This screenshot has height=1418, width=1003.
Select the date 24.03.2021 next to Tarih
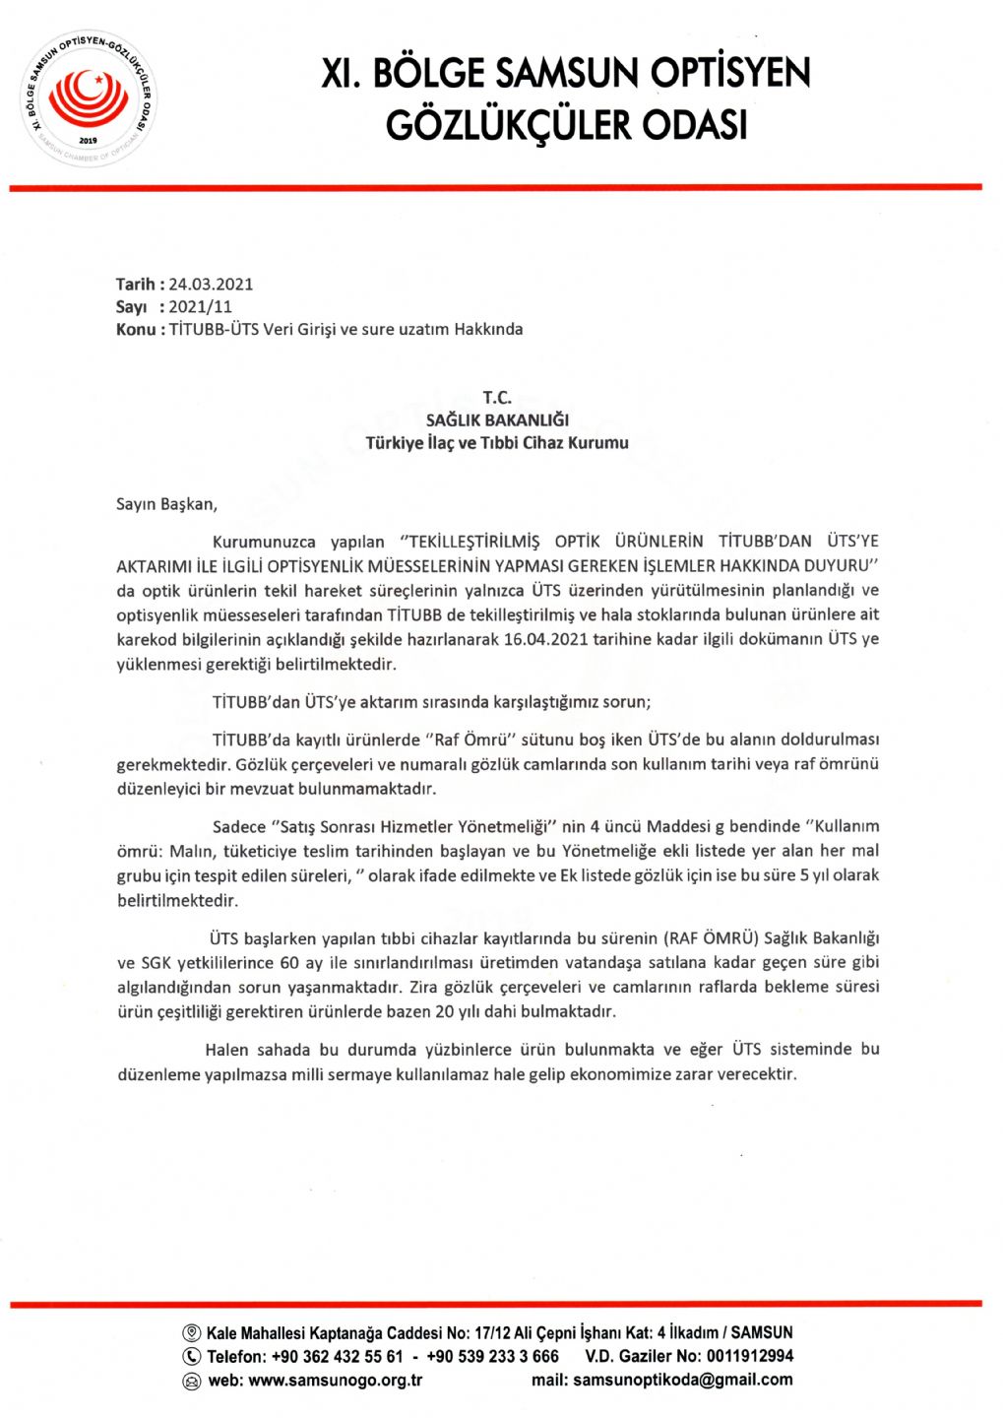coord(211,285)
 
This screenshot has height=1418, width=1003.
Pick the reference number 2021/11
coord(201,307)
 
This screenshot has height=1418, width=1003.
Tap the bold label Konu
coord(136,330)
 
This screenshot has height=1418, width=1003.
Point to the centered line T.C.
coord(497,398)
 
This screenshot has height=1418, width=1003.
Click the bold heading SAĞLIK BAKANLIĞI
coord(497,420)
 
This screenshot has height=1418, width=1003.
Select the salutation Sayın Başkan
coord(166,504)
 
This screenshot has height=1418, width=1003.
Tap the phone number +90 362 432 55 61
coord(337,1357)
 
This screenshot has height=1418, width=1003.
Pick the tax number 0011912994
coord(749,1357)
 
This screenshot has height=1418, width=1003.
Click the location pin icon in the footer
coord(192,1333)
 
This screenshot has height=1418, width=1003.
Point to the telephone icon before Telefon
coord(192,1357)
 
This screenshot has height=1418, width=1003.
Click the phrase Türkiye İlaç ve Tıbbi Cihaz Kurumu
coord(497,443)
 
